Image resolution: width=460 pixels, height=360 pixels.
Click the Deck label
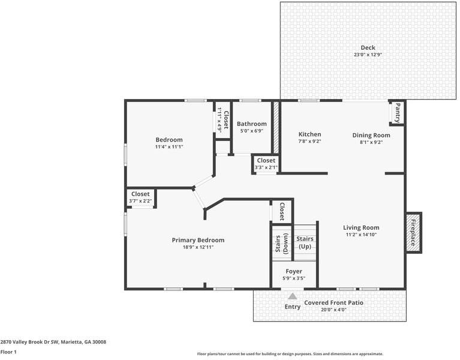click(x=368, y=48)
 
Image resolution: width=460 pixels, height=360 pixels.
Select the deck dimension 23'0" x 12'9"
click(x=368, y=55)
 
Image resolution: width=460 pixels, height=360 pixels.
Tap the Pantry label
click(x=396, y=112)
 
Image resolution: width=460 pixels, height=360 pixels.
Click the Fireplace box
click(x=413, y=231)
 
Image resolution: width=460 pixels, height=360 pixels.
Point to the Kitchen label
click(x=309, y=134)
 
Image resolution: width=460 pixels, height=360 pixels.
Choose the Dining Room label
click(x=371, y=135)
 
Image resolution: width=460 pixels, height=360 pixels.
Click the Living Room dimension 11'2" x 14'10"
click(x=361, y=235)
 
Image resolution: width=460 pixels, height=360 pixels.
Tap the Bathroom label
click(x=251, y=124)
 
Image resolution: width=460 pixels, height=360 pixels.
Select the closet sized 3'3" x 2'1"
click(x=266, y=164)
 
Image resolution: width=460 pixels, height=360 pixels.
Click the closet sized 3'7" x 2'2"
click(x=140, y=197)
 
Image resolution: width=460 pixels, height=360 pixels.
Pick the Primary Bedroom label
click(x=198, y=240)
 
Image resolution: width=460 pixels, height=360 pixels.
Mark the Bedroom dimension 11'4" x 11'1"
click(x=169, y=146)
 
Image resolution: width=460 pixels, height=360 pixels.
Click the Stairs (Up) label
click(x=305, y=242)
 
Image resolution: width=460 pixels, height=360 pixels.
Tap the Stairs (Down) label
click(x=282, y=243)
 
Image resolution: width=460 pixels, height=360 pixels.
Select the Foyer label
click(x=294, y=271)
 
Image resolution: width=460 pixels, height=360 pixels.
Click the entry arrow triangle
click(x=293, y=296)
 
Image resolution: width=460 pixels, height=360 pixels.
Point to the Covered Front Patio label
click(x=333, y=303)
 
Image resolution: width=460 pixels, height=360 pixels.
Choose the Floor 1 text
click(x=8, y=352)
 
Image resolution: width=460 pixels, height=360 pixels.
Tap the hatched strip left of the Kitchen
click(x=276, y=127)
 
